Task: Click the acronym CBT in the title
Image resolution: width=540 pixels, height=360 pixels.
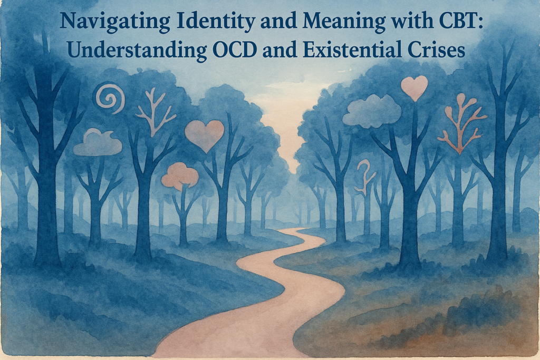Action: click(x=457, y=21)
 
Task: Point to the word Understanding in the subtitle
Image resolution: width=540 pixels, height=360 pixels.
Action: click(x=137, y=50)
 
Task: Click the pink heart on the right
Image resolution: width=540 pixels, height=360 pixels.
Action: click(x=414, y=88)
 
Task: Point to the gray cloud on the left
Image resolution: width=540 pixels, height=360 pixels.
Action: click(x=98, y=143)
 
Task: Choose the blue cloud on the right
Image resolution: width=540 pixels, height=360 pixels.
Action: click(x=372, y=110)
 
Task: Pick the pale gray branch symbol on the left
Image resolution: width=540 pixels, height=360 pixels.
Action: click(x=154, y=113)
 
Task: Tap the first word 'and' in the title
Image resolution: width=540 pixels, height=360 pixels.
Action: click(x=279, y=21)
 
